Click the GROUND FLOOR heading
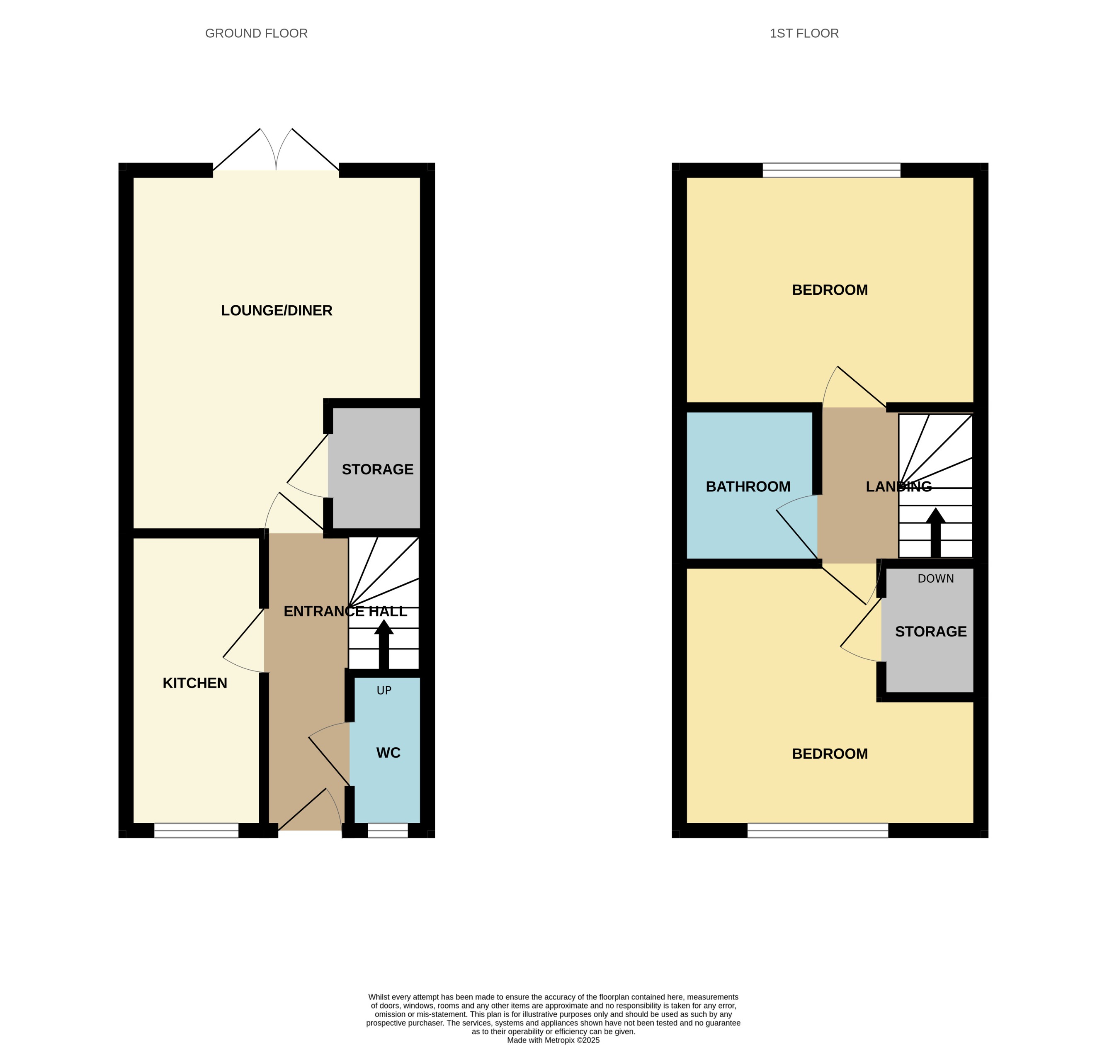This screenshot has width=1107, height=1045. point(256,34)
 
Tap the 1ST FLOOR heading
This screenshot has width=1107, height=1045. point(804,34)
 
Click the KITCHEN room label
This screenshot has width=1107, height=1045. point(194,683)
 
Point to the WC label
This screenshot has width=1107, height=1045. point(388,753)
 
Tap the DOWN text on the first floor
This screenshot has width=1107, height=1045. point(935,579)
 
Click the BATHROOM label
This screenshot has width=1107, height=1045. point(748,486)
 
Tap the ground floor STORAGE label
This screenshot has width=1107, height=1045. point(378,469)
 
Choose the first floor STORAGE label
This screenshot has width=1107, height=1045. point(930,631)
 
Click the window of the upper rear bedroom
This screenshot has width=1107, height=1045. point(831,170)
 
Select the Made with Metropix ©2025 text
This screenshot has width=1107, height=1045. point(553,1040)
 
